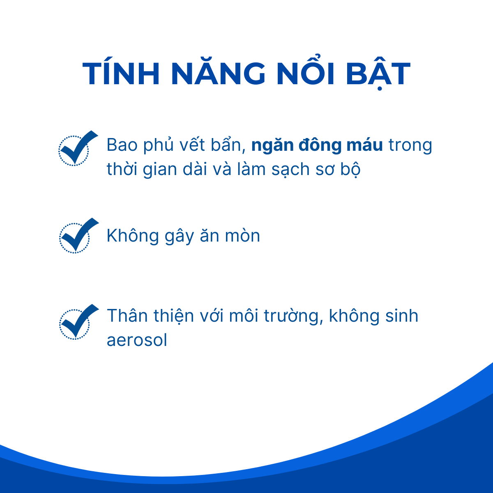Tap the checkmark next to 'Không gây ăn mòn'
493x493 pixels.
78,235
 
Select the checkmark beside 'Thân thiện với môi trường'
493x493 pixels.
78,322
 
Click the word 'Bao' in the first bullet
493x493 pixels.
122,145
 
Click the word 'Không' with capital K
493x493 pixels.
133,235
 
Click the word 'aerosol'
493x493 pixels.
137,340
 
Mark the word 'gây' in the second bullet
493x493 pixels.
180,236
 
